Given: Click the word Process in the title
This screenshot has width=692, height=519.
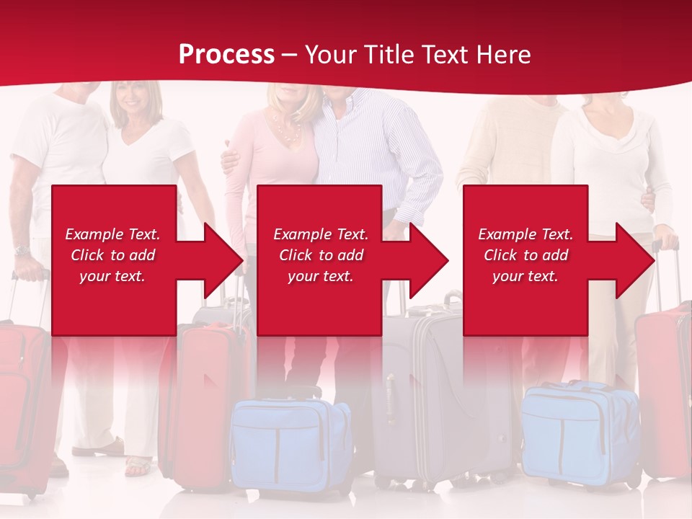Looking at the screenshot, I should coord(226,55).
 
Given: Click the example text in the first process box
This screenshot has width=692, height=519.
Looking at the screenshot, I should coord(112,255).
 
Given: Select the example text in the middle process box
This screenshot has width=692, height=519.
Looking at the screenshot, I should coord(321,255).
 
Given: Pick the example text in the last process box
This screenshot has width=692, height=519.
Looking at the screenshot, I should coord(525,255).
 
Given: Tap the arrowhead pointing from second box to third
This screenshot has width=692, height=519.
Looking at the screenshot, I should coord(428,260).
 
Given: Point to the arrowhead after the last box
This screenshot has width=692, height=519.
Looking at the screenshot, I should coord(634,260).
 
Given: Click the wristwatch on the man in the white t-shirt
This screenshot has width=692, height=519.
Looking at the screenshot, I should coord(22,251).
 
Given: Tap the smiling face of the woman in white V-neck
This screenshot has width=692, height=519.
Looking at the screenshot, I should coord(130,97).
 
